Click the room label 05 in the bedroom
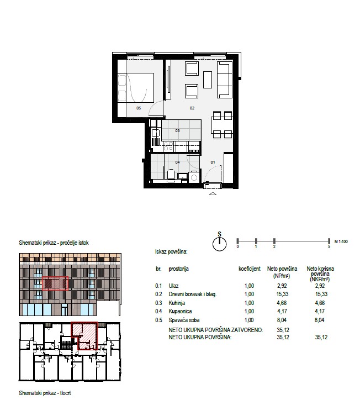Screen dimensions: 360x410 139,108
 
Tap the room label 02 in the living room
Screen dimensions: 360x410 192,108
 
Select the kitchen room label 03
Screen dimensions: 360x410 177,131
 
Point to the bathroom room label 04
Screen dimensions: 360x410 177,162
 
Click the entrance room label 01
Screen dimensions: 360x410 213,162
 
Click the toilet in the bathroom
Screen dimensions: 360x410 171,175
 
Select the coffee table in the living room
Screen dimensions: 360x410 208,80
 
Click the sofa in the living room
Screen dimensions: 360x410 225,80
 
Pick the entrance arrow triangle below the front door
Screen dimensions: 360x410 213,193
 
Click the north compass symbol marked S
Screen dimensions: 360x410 219,242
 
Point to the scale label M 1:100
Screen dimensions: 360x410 341,241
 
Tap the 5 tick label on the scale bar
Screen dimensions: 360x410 329,246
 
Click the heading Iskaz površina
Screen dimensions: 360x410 171,252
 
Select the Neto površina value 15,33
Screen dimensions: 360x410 282,294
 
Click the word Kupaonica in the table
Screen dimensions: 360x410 180,312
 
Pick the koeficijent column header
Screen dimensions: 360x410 250,269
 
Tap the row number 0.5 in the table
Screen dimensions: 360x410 158,320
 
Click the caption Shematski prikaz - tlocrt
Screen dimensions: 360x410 45,393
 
